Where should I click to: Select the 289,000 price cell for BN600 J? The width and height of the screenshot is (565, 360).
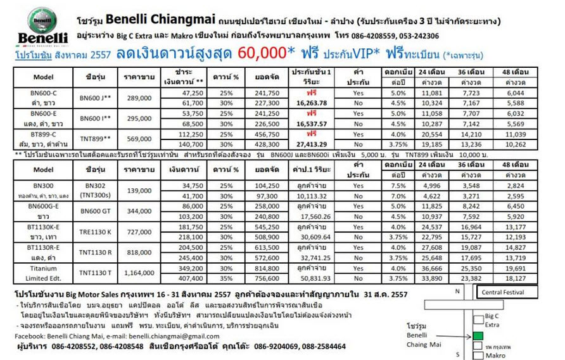click(139, 98)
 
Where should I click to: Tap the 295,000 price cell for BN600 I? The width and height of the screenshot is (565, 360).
click(139, 119)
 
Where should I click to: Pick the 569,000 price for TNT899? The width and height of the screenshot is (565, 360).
click(139, 139)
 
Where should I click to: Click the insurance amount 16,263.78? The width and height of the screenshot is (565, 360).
click(312, 103)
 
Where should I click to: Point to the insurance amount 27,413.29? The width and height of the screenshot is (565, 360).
click(312, 145)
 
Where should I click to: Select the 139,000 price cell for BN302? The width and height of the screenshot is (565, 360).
click(139, 191)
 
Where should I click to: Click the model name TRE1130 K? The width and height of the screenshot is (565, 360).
click(96, 232)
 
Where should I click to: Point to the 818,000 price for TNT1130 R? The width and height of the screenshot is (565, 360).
click(139, 252)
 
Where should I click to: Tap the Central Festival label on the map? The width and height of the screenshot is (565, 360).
click(503, 293)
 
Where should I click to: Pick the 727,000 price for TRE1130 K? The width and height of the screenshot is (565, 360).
click(139, 232)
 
